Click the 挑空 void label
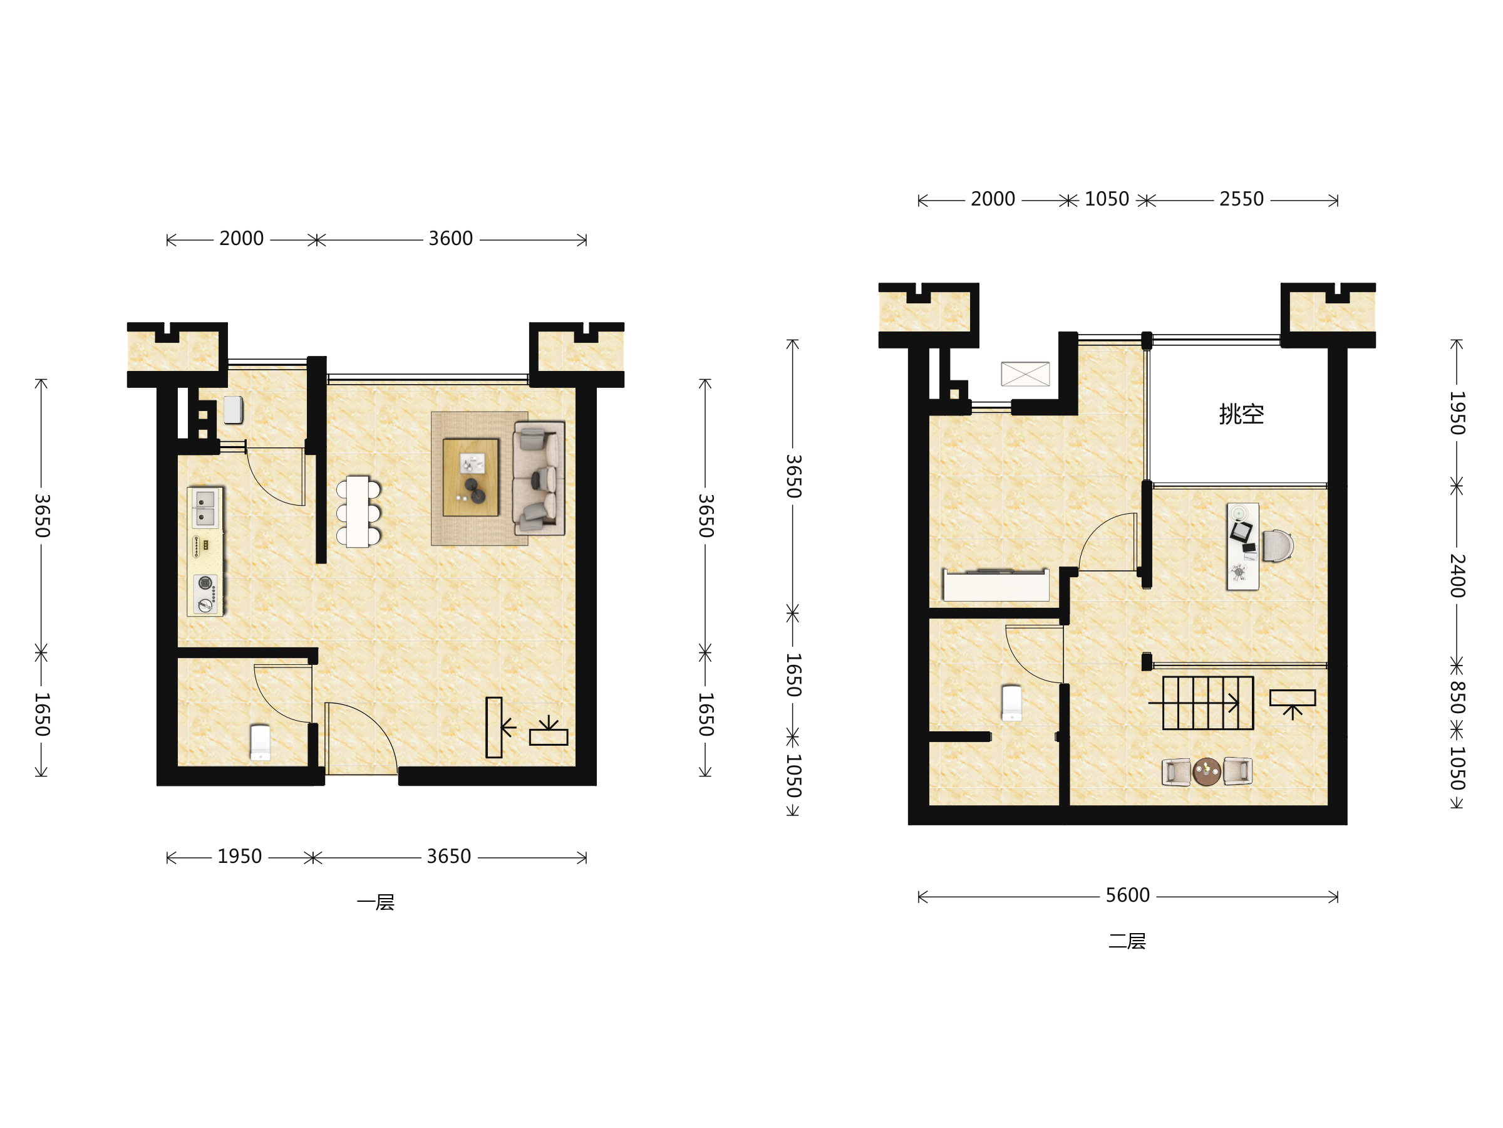(x=1241, y=414)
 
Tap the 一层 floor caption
(x=376, y=902)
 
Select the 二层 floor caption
(x=1127, y=941)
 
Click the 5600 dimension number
(x=1127, y=895)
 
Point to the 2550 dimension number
(x=1241, y=199)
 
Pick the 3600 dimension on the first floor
(x=450, y=238)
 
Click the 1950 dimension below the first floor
(x=239, y=856)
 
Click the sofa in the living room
(x=539, y=478)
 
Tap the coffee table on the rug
(x=471, y=478)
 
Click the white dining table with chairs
(x=358, y=511)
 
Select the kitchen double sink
(x=205, y=508)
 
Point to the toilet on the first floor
(x=261, y=743)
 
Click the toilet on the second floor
(x=1012, y=703)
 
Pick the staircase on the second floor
(x=1207, y=703)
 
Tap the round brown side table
(x=1207, y=771)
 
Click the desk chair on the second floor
(x=1278, y=546)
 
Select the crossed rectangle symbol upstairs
(x=1025, y=374)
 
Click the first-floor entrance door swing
(x=361, y=738)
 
